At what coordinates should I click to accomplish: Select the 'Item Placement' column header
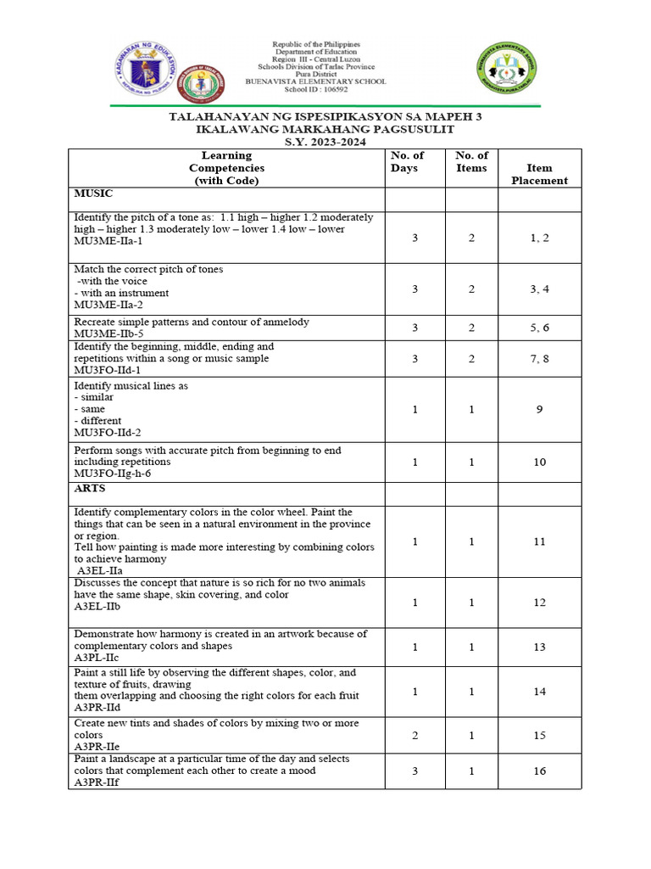click(x=539, y=174)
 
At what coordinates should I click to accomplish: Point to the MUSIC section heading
click(x=93, y=194)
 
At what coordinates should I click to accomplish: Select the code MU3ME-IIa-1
click(x=108, y=242)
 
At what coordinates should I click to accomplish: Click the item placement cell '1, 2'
click(x=539, y=238)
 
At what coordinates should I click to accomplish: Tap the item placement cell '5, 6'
click(x=539, y=328)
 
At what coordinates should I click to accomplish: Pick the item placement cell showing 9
click(x=539, y=409)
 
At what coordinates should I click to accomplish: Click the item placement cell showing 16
click(x=539, y=771)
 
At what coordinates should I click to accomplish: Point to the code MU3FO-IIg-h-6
click(x=112, y=474)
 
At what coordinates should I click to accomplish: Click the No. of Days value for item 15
click(x=415, y=735)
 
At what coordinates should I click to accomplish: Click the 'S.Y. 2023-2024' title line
click(x=325, y=142)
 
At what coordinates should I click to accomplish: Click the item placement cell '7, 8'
click(x=539, y=359)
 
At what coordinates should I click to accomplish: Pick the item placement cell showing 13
click(x=539, y=647)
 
